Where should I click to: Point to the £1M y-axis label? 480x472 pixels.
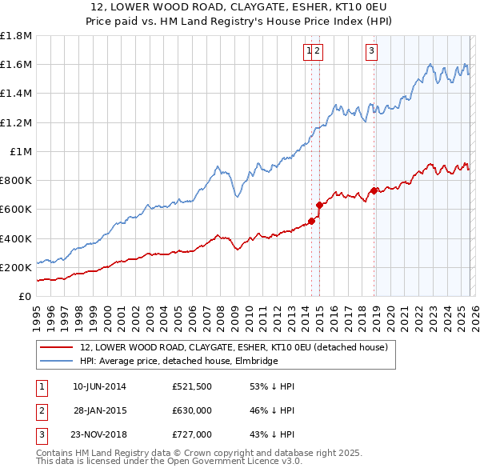[22, 152]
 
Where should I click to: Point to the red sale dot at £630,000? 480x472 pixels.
[319, 205]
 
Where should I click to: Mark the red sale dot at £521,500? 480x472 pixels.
[310, 221]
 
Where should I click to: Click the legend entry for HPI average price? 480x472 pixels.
[178, 361]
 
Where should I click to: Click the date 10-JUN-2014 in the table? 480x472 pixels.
[99, 386]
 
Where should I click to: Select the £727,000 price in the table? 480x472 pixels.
[192, 434]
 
